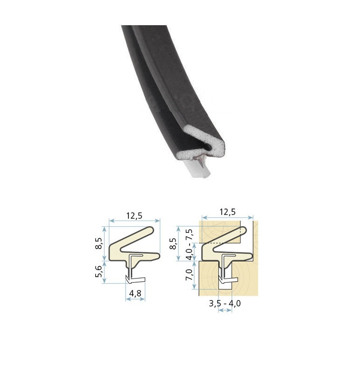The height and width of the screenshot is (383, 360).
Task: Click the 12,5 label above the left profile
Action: [x=134, y=216]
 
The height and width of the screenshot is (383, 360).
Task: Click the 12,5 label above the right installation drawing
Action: [x=227, y=212]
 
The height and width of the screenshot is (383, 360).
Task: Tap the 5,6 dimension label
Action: [x=98, y=271]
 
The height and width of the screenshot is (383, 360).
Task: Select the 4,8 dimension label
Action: [x=135, y=293]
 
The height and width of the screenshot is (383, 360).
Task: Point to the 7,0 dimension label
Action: [x=190, y=274]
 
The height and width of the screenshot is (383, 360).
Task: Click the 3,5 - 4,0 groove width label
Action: [x=225, y=303]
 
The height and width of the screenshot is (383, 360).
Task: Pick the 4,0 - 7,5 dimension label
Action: [x=190, y=244]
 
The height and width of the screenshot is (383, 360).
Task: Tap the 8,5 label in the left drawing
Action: [x=98, y=244]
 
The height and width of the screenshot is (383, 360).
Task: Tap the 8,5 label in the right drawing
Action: [x=173, y=244]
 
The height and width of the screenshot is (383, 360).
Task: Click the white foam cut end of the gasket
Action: [x=205, y=142]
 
